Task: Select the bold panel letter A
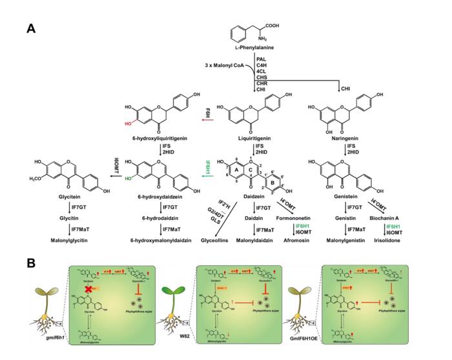pyautogui.click(x=31, y=28)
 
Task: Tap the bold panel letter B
pyautogui.click(x=31, y=264)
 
